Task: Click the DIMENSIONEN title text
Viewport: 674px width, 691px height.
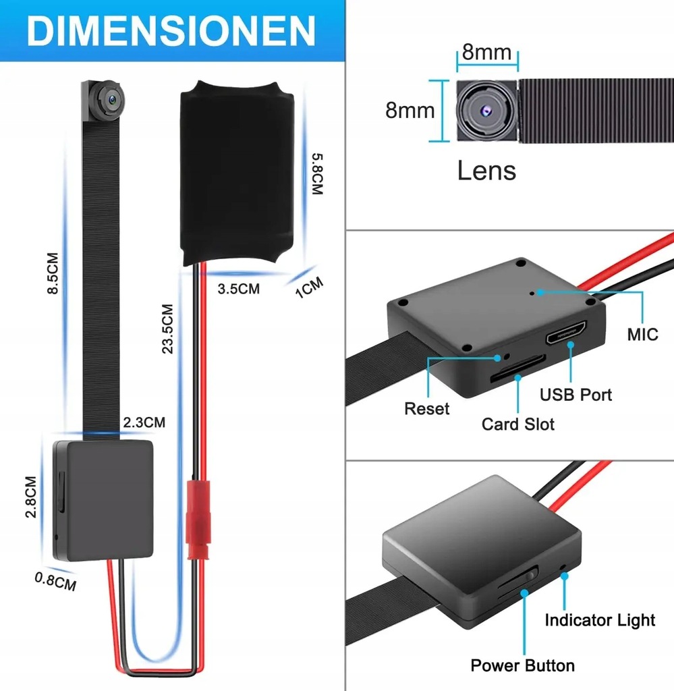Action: point(172,30)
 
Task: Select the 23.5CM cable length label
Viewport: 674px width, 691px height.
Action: point(167,328)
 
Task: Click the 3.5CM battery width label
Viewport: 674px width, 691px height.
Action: point(238,289)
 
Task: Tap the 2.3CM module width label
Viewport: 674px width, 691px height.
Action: point(144,423)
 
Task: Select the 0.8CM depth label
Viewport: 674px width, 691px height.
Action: point(55,580)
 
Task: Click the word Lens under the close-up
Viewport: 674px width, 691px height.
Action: point(486,171)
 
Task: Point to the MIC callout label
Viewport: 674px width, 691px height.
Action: point(642,334)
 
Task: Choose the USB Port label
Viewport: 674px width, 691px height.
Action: point(575,394)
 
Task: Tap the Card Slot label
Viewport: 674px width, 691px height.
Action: point(517,424)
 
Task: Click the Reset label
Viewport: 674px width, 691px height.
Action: point(426,408)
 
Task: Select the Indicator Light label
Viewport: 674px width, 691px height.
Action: point(600,619)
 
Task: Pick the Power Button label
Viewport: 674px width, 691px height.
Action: point(523,665)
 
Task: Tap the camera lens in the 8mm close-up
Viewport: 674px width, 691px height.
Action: point(484,109)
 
